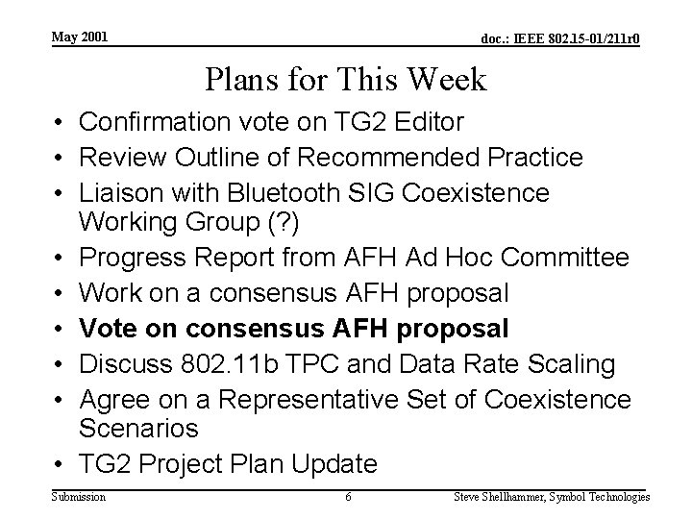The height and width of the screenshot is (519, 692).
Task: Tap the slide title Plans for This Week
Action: click(346, 80)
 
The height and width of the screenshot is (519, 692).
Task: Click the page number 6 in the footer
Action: click(348, 496)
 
